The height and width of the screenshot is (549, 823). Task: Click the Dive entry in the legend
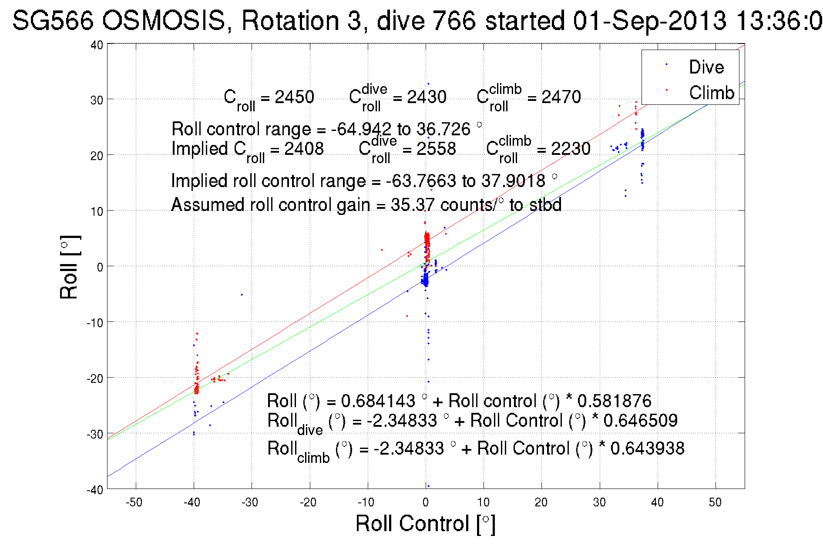(706, 67)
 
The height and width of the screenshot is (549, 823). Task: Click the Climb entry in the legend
(711, 93)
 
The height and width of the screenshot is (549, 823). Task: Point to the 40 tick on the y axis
(97, 45)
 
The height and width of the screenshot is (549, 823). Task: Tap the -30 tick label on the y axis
(94, 434)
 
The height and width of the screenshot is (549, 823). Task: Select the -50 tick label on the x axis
(134, 502)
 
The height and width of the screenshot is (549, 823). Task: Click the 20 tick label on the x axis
(541, 502)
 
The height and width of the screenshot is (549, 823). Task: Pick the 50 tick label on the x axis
(715, 502)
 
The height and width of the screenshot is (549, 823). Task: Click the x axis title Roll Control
(425, 523)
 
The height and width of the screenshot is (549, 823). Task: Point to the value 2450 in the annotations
(294, 97)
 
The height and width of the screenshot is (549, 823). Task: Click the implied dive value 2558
(436, 149)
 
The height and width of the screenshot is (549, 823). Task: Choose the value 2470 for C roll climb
(561, 97)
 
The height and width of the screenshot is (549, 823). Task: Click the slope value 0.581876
(614, 401)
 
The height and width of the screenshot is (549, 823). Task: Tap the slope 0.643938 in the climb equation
(647, 448)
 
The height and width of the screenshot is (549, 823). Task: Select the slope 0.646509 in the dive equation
(640, 420)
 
